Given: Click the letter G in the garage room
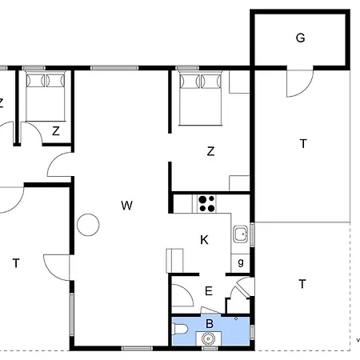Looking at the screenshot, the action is (301, 38).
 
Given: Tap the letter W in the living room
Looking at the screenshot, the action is (126, 206).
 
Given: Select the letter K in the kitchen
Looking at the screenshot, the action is (204, 240).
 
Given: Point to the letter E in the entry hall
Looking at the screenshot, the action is (209, 291).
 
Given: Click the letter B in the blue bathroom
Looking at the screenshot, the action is (210, 324).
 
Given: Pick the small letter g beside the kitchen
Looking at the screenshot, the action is (241, 262).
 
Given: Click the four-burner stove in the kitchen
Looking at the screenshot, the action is (206, 204).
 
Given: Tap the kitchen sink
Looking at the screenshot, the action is (241, 234).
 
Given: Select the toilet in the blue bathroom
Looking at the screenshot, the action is (180, 329).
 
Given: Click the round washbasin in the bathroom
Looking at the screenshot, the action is (209, 338).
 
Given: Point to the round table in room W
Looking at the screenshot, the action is (88, 225).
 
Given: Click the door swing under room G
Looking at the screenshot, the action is (299, 83).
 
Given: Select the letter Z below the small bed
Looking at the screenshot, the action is (56, 131).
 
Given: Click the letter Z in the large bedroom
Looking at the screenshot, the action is (210, 151).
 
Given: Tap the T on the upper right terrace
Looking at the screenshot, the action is (303, 144).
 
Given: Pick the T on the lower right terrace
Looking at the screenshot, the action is (302, 284).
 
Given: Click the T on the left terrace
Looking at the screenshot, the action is (16, 263).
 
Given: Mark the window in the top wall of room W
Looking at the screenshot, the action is (114, 68).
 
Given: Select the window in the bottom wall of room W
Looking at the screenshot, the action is (137, 348).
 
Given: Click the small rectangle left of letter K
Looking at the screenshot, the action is (174, 261).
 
